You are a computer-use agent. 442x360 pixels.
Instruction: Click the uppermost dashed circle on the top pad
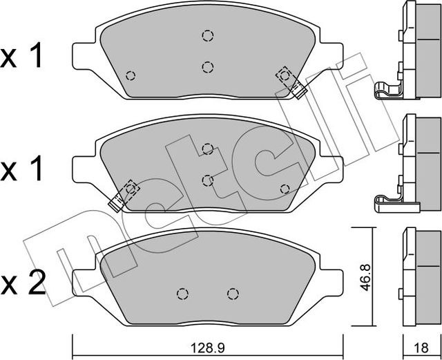207,36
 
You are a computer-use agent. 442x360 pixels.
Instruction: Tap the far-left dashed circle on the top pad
131,75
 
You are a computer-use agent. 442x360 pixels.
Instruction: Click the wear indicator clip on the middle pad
124,195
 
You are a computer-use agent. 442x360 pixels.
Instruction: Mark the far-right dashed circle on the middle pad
284,189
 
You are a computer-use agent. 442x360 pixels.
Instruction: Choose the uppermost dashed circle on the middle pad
207,148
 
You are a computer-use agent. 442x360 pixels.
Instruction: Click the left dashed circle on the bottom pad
182,294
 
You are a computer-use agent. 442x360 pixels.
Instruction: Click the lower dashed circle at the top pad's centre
207,66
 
